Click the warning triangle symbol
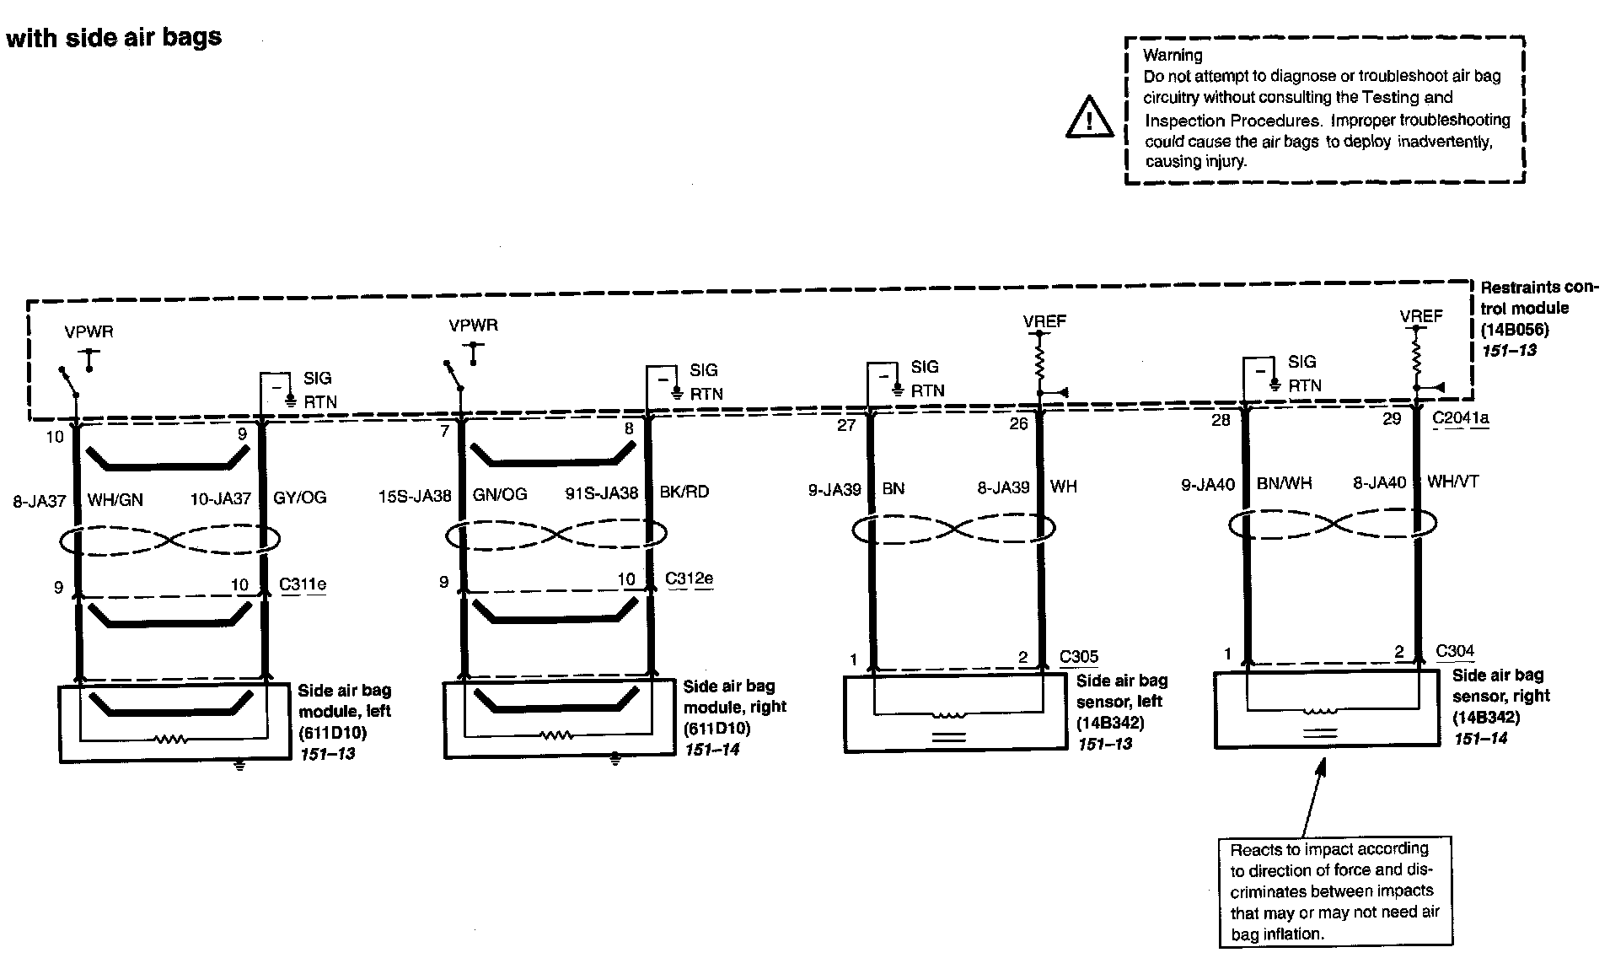click(x=1089, y=118)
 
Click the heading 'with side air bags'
click(x=114, y=37)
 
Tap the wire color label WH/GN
click(x=115, y=500)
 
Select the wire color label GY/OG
click(x=299, y=498)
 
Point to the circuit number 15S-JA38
click(x=415, y=495)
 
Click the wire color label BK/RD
click(x=684, y=492)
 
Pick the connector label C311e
click(x=303, y=584)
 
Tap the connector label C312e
click(x=689, y=579)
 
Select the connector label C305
click(x=1079, y=656)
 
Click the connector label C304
click(x=1455, y=650)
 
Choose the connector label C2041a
click(x=1460, y=418)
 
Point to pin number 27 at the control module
click(x=846, y=425)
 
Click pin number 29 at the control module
click(x=1392, y=419)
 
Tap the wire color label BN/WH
click(x=1284, y=483)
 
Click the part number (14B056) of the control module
click(x=1515, y=329)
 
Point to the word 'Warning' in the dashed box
click(x=1173, y=55)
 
